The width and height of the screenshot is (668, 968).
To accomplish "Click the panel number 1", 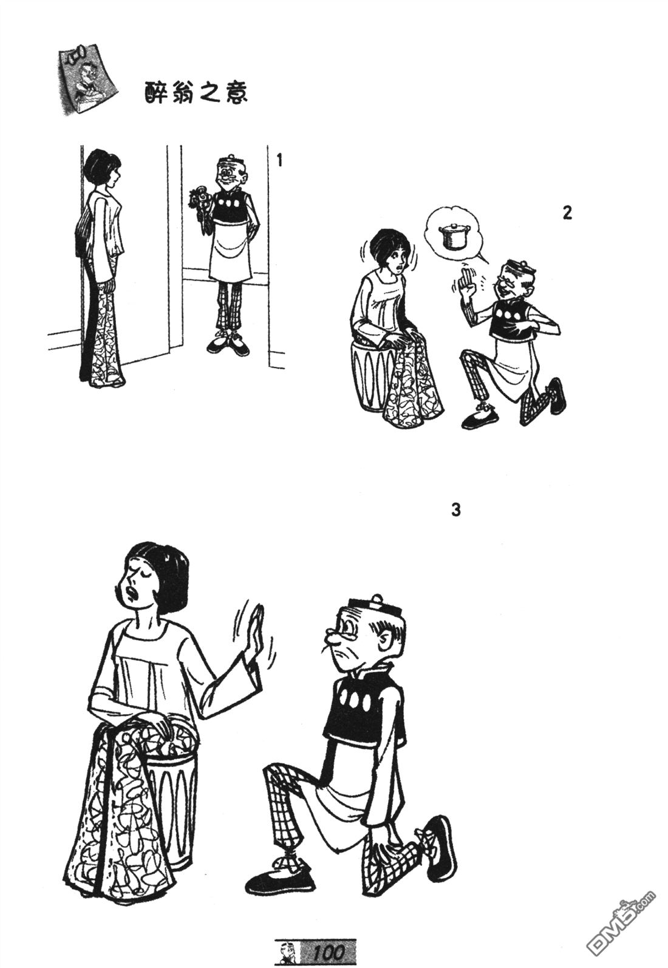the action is click(279, 161).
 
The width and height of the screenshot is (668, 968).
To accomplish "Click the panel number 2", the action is click(567, 213).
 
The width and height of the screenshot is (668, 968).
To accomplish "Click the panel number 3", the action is click(456, 510).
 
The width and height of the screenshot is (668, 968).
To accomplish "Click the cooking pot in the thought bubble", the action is click(453, 236).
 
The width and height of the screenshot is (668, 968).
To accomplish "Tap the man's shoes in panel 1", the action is click(228, 344).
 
